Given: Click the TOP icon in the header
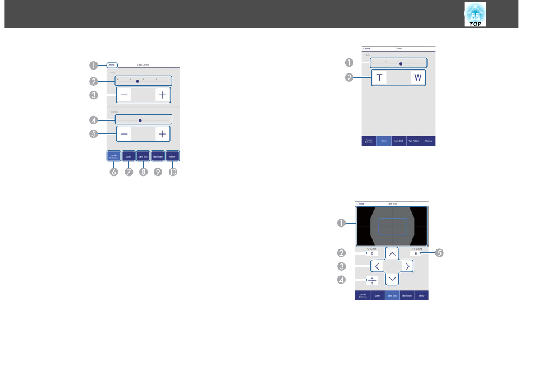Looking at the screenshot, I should (475, 14).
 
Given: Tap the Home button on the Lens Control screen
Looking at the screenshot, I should (112, 65).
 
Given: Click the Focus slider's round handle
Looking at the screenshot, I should (137, 81).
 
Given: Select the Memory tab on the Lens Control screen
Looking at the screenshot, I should (173, 157).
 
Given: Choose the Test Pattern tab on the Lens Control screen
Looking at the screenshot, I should (158, 157).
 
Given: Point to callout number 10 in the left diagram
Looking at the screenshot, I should (173, 173).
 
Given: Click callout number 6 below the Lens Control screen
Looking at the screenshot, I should (114, 173).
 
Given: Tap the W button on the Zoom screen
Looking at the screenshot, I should (417, 77).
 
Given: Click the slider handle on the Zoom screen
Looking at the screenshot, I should (401, 64).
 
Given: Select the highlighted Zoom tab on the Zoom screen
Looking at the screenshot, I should (384, 141).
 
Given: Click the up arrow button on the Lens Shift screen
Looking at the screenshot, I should (392, 253).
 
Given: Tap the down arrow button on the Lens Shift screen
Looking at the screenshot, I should (392, 279).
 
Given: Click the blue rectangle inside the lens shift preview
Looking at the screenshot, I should (392, 226).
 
